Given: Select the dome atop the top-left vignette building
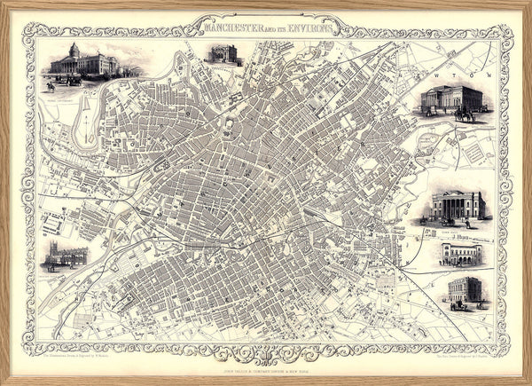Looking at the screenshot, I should pyautogui.click(x=74, y=49).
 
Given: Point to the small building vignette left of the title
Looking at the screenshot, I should pyautogui.click(x=223, y=54).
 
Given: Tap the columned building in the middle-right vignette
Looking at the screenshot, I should pyautogui.click(x=458, y=205).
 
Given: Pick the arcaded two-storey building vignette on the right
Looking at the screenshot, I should pyautogui.click(x=459, y=255).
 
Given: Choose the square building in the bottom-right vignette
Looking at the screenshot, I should pyautogui.click(x=465, y=289).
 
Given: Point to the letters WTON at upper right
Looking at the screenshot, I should pyautogui.click(x=478, y=65).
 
